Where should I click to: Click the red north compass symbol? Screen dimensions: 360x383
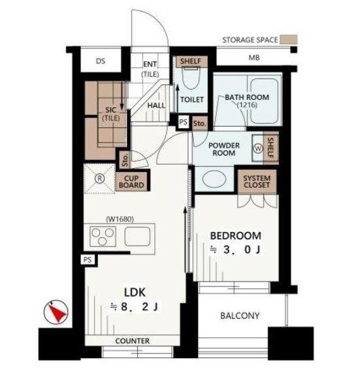click(56, 312)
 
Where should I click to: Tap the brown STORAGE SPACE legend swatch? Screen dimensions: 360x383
click(288, 40)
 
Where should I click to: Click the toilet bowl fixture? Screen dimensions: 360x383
click(191, 78)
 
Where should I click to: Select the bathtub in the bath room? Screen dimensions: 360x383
click(264, 101)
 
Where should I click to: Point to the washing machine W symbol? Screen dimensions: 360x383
click(258, 148)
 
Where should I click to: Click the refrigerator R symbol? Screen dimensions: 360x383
click(100, 178)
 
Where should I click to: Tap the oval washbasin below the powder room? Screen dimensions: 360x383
click(214, 179)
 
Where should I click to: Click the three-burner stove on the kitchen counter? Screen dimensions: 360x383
click(103, 237)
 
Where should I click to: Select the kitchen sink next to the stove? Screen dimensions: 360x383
click(137, 236)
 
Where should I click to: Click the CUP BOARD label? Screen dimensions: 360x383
click(131, 182)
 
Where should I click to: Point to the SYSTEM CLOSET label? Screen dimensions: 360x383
click(257, 182)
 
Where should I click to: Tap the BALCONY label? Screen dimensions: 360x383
click(240, 316)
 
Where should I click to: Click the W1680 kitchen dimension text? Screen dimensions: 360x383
click(120, 219)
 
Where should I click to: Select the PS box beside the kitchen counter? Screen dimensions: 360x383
click(88, 259)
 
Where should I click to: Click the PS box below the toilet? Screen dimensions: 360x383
click(184, 122)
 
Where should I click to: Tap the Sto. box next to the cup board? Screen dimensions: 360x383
click(125, 159)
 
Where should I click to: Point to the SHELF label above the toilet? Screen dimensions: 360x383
click(191, 61)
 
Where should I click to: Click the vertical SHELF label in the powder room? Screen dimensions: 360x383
click(270, 148)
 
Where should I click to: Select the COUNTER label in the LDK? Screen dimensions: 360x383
click(133, 341)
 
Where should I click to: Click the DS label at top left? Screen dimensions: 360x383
click(101, 61)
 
